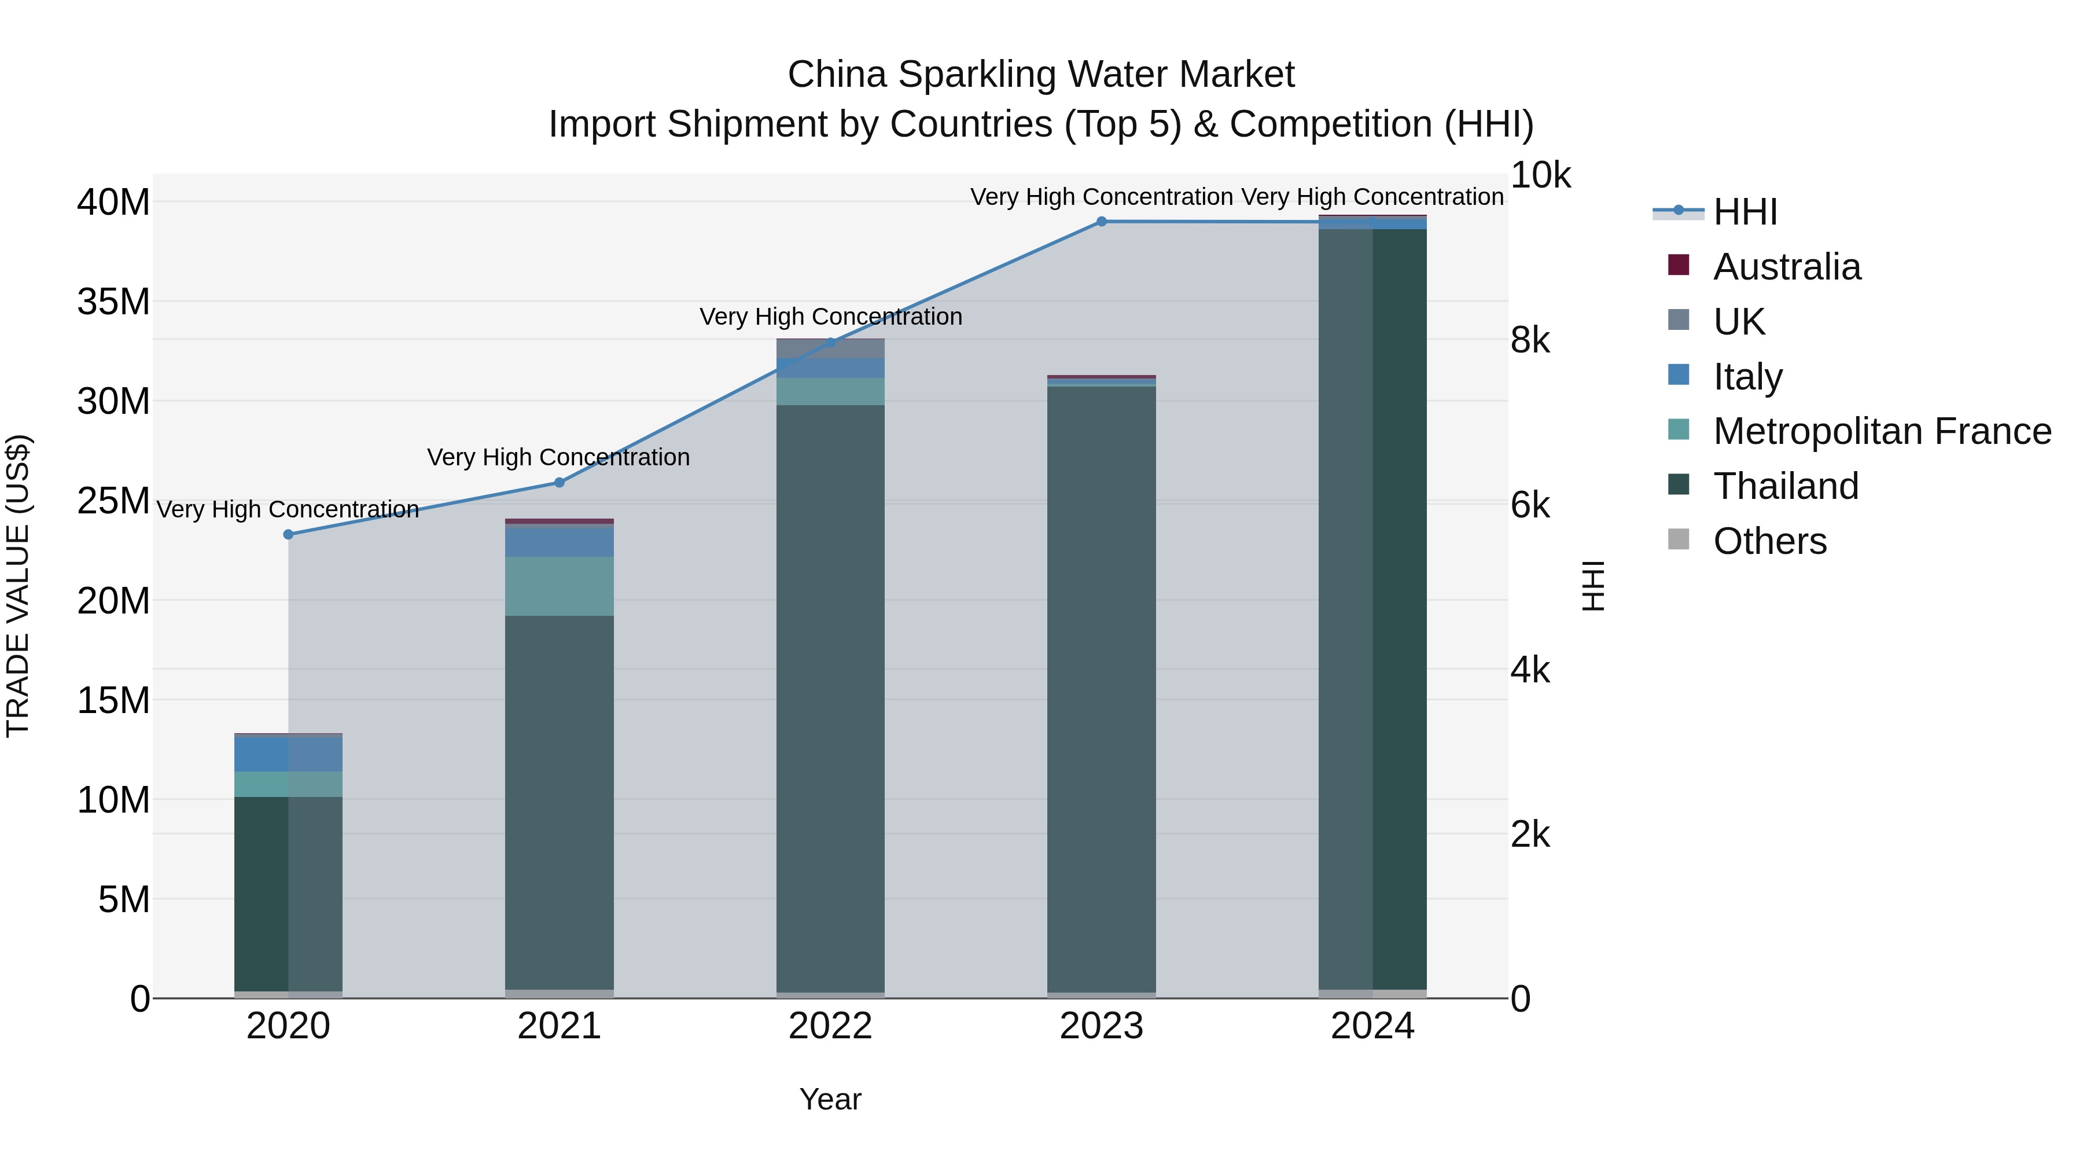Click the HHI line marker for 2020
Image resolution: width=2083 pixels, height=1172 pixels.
[x=288, y=535]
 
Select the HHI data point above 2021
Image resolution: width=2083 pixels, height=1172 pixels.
[x=559, y=483]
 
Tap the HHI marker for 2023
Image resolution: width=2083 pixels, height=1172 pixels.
[x=1101, y=222]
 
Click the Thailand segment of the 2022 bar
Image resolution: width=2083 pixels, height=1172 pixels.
[x=830, y=696]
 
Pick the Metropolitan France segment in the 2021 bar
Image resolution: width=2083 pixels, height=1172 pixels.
[x=559, y=586]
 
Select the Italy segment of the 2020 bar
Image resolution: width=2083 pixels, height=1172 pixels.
[x=288, y=754]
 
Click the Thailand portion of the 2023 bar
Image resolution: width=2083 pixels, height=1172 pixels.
[x=1101, y=688]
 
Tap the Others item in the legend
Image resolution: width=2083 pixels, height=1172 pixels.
[x=1769, y=541]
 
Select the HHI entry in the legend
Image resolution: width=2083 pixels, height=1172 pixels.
[x=1745, y=212]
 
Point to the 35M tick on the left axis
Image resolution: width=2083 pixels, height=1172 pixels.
[x=113, y=302]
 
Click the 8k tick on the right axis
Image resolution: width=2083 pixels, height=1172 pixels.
[x=1530, y=340]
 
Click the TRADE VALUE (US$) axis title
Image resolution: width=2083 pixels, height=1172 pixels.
[x=18, y=586]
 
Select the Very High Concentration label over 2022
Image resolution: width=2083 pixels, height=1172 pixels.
[x=830, y=317]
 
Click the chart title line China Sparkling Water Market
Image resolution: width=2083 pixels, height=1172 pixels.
[x=1041, y=75]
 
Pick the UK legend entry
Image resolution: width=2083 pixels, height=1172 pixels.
[x=1739, y=322]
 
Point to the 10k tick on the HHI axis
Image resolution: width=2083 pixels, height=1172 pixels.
[x=1540, y=177]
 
